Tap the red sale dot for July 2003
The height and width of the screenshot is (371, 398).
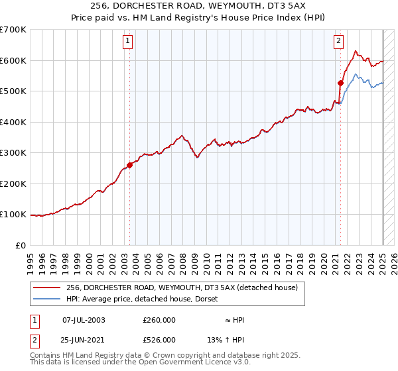130,166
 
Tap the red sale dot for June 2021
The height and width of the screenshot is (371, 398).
340,83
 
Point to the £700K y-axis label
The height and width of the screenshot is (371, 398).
13,30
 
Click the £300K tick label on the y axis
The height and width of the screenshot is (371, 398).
13,153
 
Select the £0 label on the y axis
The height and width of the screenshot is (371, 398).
21,246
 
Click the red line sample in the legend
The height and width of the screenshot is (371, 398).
46,288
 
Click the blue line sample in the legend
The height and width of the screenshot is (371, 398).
46,299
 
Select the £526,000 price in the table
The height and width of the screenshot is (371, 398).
159,339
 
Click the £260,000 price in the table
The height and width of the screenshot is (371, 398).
159,320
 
